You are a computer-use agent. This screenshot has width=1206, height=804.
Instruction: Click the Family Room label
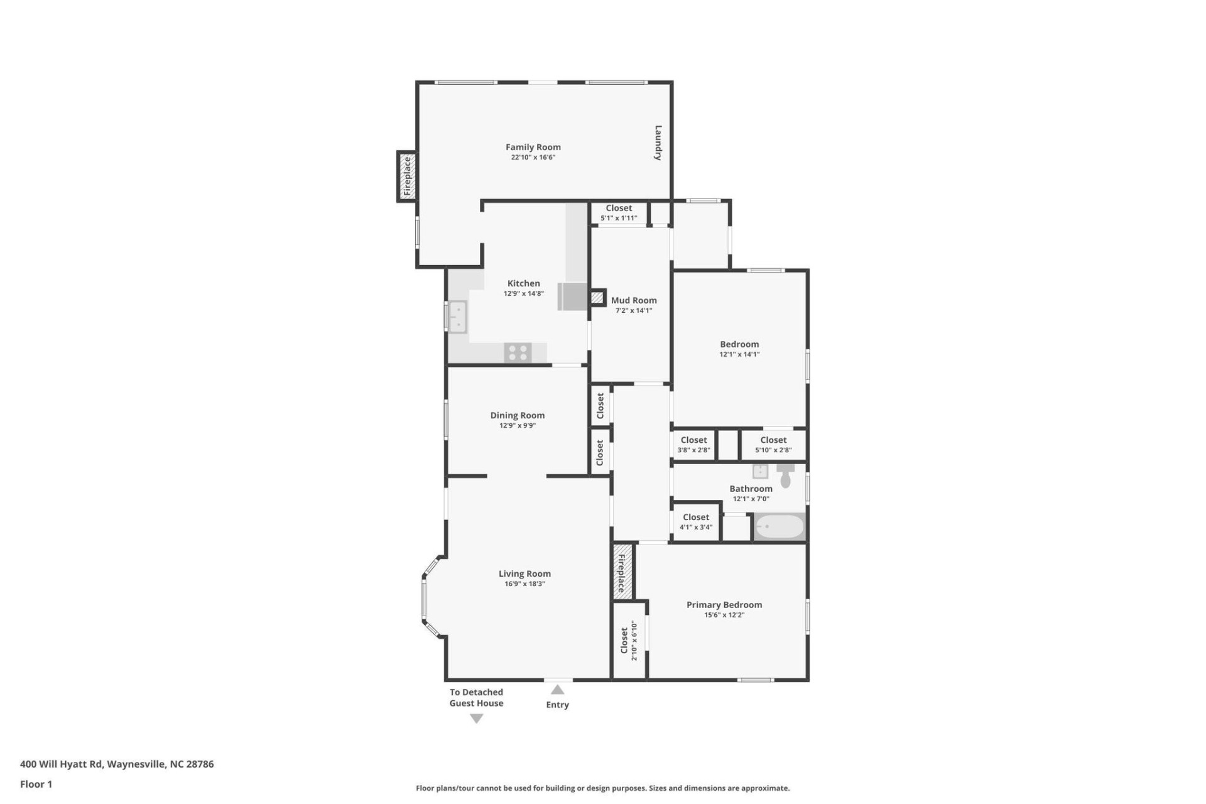[x=533, y=147]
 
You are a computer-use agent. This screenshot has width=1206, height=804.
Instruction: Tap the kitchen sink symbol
[x=457, y=317]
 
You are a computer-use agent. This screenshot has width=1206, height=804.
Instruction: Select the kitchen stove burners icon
[x=518, y=352]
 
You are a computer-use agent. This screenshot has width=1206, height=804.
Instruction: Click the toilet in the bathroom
[x=785, y=475]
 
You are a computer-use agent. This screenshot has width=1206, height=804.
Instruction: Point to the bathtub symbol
[x=779, y=526]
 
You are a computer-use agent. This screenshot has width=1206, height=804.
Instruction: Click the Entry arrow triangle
[x=557, y=690]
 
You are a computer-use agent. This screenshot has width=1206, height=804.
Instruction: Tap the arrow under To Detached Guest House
[x=476, y=719]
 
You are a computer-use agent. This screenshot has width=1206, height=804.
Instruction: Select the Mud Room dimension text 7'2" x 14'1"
[x=633, y=310]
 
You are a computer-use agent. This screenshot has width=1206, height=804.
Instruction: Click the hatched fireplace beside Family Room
[x=406, y=177]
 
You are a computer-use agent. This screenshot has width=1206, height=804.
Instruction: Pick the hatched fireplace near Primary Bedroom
[x=621, y=572]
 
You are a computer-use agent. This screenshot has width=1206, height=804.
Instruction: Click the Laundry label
[x=658, y=143]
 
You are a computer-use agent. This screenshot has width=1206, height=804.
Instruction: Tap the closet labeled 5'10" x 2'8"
[x=773, y=445]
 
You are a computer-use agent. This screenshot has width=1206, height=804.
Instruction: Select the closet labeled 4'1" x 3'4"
[x=695, y=521]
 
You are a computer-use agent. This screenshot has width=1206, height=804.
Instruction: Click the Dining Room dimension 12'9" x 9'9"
[x=517, y=425]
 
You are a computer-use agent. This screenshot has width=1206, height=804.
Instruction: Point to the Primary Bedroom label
[x=724, y=604]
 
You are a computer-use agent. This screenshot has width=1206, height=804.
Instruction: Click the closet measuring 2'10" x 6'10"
[x=629, y=640]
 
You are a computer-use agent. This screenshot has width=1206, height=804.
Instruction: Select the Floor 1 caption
[x=36, y=784]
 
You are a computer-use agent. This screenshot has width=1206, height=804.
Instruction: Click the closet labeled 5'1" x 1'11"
[x=619, y=213]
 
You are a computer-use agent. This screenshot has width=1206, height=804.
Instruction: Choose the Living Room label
[x=524, y=573]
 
